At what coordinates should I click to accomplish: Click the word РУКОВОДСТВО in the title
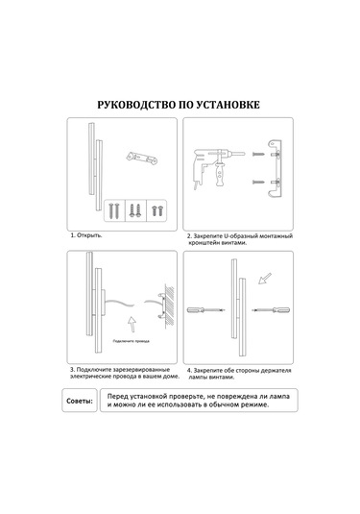136,105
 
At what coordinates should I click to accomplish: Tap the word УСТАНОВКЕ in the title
228,105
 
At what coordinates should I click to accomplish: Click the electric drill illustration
218,168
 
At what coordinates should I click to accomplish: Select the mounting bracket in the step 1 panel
142,158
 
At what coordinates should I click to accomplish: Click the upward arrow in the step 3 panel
132,325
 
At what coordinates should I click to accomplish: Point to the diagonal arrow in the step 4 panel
265,279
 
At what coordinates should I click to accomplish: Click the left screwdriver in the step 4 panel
206,309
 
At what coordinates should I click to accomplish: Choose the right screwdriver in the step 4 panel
271,309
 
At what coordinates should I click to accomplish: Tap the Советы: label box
80,401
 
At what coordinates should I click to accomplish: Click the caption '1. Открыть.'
86,235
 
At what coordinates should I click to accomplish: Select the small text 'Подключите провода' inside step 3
131,341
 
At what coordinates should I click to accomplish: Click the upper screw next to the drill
258,154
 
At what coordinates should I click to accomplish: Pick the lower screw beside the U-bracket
258,182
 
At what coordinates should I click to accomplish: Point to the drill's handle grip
219,176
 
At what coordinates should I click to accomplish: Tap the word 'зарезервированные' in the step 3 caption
143,370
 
